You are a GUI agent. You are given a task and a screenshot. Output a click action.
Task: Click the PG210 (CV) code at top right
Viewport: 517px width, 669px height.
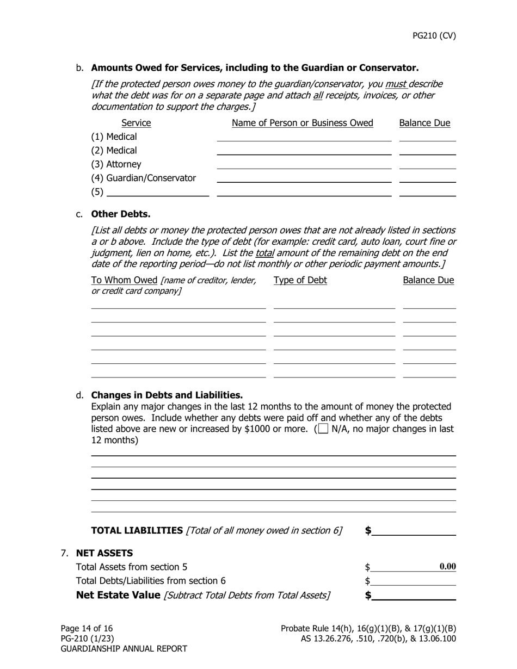(434, 36)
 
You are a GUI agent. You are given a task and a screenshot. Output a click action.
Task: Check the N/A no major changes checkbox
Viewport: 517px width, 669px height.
(323, 429)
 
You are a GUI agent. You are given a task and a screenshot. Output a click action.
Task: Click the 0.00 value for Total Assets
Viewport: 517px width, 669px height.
(447, 567)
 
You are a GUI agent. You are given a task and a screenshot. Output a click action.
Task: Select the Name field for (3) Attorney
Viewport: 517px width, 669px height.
(304, 164)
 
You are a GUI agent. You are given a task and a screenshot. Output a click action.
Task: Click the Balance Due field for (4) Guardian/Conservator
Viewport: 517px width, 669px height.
(427, 177)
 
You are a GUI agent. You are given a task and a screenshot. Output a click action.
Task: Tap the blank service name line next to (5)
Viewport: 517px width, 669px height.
(158, 191)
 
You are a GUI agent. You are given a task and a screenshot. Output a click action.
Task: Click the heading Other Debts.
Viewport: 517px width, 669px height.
(120, 214)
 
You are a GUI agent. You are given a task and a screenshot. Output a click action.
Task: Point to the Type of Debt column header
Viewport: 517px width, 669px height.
(300, 280)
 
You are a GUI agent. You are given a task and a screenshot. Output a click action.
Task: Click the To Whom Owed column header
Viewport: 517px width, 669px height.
(124, 280)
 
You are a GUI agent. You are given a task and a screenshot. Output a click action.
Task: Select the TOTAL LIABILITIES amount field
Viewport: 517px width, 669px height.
(414, 530)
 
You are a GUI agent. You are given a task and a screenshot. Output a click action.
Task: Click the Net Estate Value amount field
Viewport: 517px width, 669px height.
(414, 595)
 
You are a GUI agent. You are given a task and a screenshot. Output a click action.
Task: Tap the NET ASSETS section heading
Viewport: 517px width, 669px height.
(104, 553)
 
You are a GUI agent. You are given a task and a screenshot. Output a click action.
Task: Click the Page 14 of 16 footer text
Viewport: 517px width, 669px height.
(87, 628)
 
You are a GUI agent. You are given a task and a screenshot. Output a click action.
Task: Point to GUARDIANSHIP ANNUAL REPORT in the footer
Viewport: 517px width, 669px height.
(124, 648)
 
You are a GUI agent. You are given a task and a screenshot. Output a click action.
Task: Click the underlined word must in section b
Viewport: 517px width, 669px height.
(396, 84)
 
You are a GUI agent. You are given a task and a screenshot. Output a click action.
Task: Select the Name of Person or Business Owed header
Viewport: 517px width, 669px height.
(302, 123)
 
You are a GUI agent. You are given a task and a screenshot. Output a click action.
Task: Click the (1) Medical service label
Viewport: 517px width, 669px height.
(114, 137)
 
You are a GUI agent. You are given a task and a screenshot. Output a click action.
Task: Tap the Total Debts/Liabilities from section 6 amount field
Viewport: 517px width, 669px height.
(414, 581)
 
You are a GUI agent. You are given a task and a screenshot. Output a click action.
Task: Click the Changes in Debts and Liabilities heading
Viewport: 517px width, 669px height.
(167, 395)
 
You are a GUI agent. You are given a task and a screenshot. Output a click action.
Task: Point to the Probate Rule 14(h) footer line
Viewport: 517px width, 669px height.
(368, 628)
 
